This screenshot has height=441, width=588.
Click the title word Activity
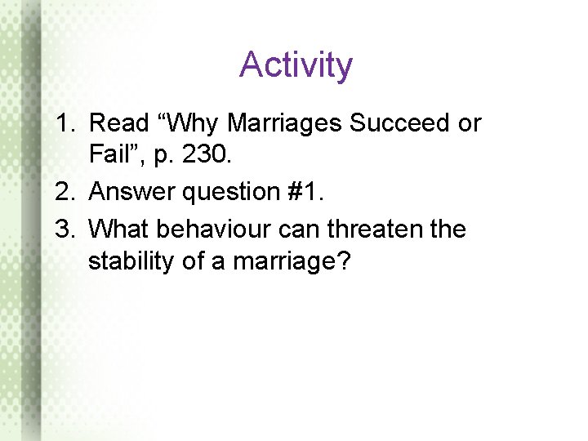click(296, 65)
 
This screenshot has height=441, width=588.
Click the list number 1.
click(65, 123)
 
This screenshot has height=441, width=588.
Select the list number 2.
click(65, 192)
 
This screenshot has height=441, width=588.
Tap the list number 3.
click(65, 229)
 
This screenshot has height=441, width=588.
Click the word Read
click(115, 123)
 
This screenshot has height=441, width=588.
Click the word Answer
click(126, 192)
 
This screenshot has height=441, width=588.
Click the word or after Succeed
click(470, 125)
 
